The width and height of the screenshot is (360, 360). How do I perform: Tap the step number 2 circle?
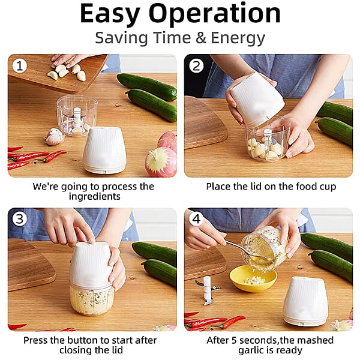pos(196,65)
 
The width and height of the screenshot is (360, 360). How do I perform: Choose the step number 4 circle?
pos(196,219)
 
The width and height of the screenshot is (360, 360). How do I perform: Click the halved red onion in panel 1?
pos(160,161)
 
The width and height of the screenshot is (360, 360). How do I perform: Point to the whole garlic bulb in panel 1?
pos(55,137)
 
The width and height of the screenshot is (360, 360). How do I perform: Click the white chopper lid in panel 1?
pos(104,150)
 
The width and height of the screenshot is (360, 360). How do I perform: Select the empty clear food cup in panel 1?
pos(77,115)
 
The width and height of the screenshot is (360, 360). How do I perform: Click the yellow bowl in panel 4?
pos(253,278)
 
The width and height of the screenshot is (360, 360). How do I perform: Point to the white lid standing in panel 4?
pos(305,301)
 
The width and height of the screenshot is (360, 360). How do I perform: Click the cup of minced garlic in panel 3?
pos(91,298)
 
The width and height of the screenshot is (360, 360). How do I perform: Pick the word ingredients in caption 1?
pos(94,197)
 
